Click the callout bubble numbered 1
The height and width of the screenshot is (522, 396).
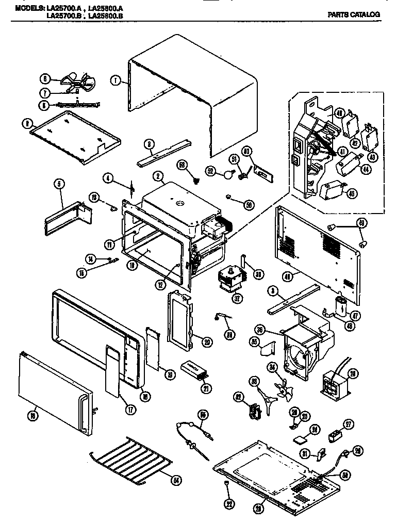click(x=115, y=80)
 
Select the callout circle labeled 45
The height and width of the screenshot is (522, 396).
click(x=352, y=194)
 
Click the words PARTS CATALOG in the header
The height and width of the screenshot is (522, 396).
click(x=354, y=14)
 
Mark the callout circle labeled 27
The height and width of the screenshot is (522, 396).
click(x=349, y=424)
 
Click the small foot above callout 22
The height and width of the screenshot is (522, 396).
click(x=227, y=482)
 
